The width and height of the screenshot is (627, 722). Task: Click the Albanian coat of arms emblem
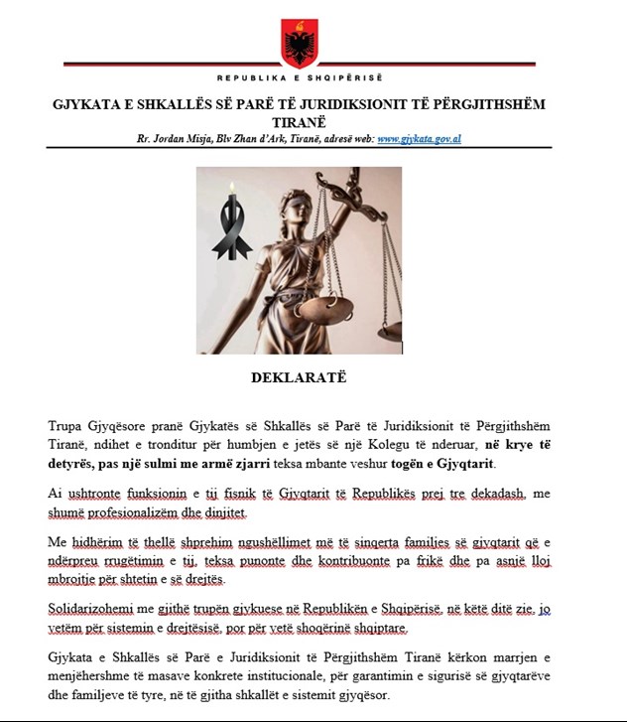point(300,43)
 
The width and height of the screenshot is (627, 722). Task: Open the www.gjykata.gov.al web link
point(420,139)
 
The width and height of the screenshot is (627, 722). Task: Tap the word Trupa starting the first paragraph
point(67,425)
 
